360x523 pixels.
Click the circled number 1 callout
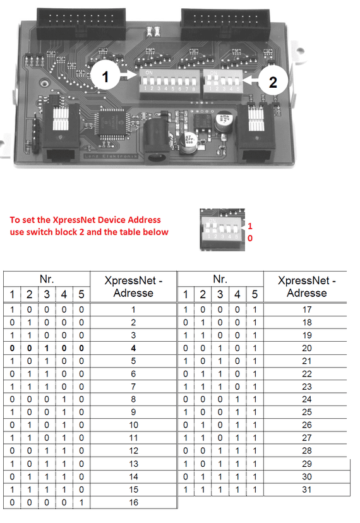[105, 78]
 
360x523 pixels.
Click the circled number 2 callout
[273, 81]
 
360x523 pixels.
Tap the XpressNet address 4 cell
[133, 348]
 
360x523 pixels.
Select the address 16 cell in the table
[133, 502]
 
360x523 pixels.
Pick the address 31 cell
[308, 490]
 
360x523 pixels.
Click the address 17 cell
[308, 310]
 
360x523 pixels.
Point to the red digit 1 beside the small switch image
[250, 226]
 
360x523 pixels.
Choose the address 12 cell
[133, 451]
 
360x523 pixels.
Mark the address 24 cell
[308, 400]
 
